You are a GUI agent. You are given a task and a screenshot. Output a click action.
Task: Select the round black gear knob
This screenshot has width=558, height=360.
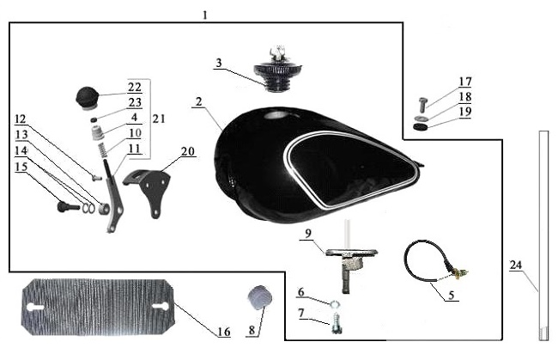pyautogui.click(x=88, y=95)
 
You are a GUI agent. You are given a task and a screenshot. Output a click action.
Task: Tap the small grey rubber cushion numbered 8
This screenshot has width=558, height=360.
pyautogui.click(x=259, y=298)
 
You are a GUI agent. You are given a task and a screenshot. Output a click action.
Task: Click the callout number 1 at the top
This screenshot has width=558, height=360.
pyautogui.click(x=205, y=15)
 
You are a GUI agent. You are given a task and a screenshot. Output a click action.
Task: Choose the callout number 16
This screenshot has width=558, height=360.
pyautogui.click(x=223, y=331)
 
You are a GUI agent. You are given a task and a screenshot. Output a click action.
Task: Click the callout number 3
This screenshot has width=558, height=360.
pyautogui.click(x=219, y=63)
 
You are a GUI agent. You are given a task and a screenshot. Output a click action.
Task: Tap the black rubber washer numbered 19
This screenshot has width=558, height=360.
pyautogui.click(x=420, y=127)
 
